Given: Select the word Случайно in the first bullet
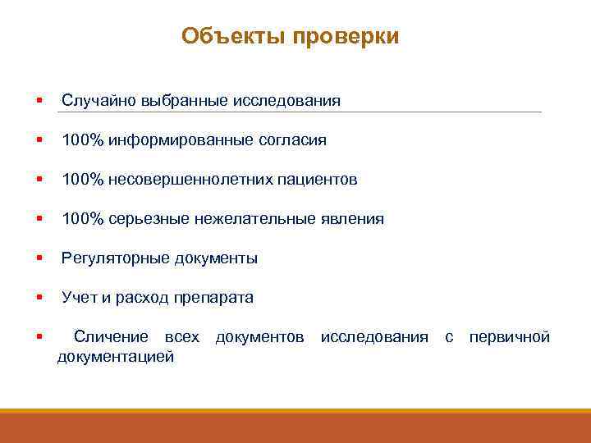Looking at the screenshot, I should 91,101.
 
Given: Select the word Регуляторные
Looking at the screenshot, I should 116,258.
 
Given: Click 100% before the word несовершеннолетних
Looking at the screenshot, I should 82,180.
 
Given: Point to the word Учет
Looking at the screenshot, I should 79,298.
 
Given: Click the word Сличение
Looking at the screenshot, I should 111,337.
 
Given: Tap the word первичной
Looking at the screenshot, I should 509,337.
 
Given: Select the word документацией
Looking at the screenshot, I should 116,357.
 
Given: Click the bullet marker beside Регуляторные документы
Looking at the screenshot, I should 39,258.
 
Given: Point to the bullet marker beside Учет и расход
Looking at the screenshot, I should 39,298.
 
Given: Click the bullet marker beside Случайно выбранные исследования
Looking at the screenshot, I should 39,101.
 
